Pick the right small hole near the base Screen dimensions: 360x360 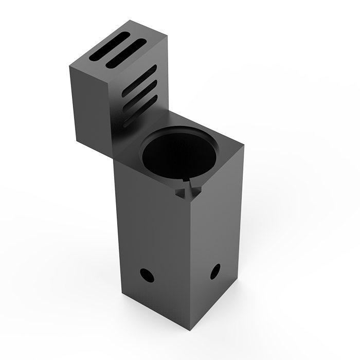click(215, 271)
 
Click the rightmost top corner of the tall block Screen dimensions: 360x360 click(243, 149)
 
